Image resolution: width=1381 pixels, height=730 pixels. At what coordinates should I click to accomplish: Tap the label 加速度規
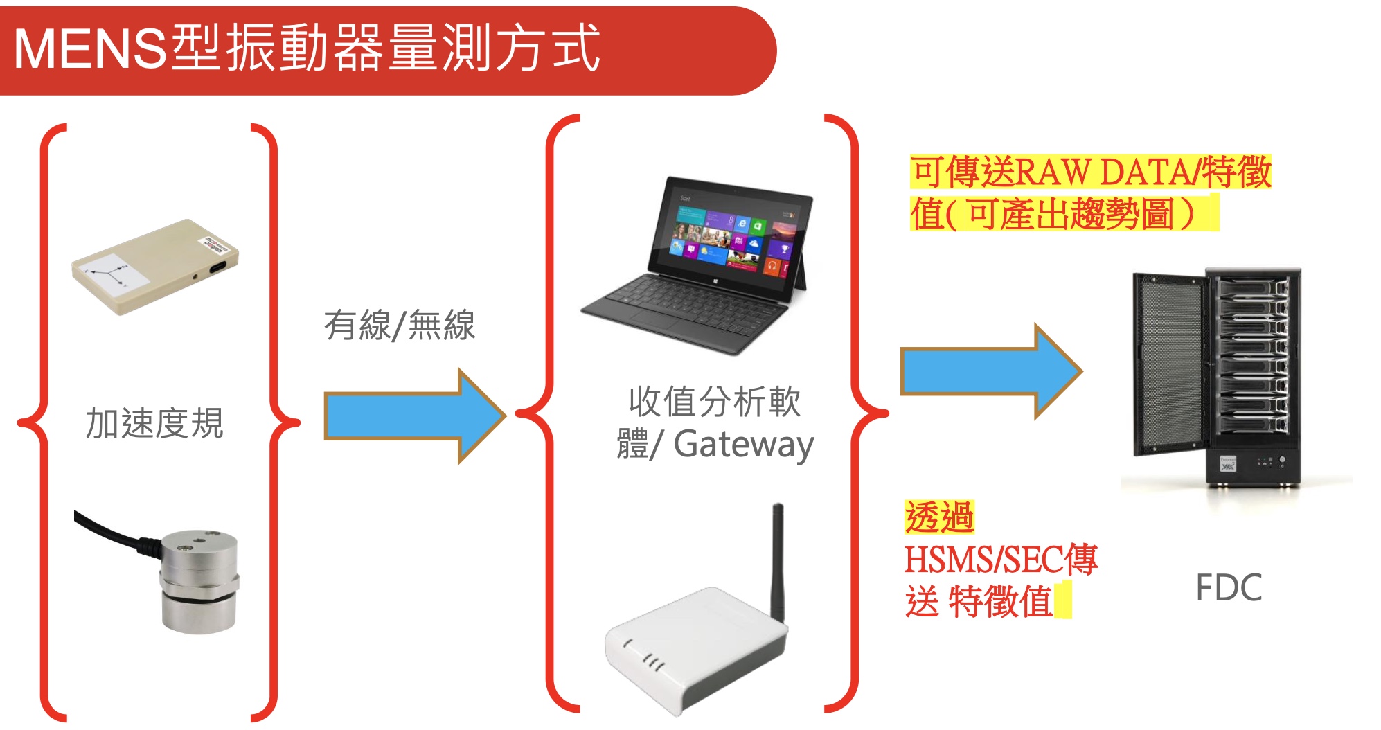pos(154,424)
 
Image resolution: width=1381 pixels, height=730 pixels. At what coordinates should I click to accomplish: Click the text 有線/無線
pos(400,325)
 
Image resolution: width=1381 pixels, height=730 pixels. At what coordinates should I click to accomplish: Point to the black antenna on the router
pos(778,561)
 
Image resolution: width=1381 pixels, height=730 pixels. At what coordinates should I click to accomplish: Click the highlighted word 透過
pos(938,517)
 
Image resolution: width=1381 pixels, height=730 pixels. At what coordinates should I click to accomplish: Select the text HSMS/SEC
pos(983,560)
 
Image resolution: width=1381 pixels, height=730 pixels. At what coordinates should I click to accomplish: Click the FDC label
pos(1229,588)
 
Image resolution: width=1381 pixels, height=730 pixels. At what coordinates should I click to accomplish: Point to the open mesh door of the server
pos(1168,364)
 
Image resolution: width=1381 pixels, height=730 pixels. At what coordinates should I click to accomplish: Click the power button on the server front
pos(1282,460)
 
